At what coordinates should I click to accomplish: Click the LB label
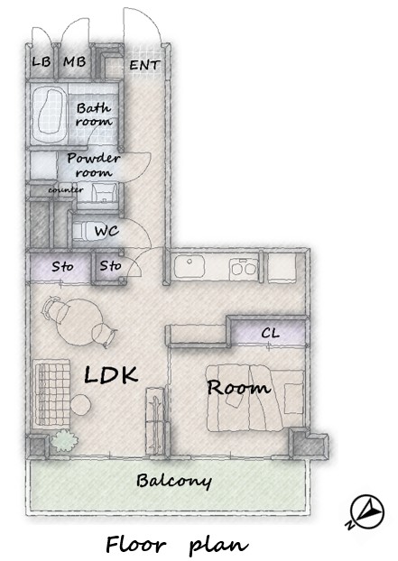pyautogui.click(x=42, y=62)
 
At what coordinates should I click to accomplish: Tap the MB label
pyautogui.click(x=75, y=62)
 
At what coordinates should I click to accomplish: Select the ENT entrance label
pyautogui.click(x=144, y=65)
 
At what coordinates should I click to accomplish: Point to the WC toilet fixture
pyautogui.click(x=81, y=231)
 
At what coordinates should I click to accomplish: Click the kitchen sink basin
pyautogui.click(x=190, y=268)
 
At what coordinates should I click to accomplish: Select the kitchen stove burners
pyautogui.click(x=244, y=268)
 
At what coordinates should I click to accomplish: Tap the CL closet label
pyautogui.click(x=270, y=333)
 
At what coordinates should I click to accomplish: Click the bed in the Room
pyautogui.click(x=255, y=398)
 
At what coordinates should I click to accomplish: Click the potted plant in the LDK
pyautogui.click(x=64, y=441)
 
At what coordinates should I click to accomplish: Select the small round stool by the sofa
pyautogui.click(x=80, y=404)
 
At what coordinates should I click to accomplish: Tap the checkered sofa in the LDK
pyautogui.click(x=52, y=393)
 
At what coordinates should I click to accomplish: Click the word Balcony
pyautogui.click(x=174, y=482)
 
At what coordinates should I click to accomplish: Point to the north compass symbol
pyautogui.click(x=366, y=511)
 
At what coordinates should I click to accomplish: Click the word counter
pyautogui.click(x=66, y=190)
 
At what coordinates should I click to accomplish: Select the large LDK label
pyautogui.click(x=111, y=374)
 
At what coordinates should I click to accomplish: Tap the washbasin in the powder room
pyautogui.click(x=104, y=192)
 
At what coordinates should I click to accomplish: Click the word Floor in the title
pyautogui.click(x=136, y=545)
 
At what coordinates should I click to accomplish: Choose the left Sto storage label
pyautogui.click(x=62, y=267)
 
